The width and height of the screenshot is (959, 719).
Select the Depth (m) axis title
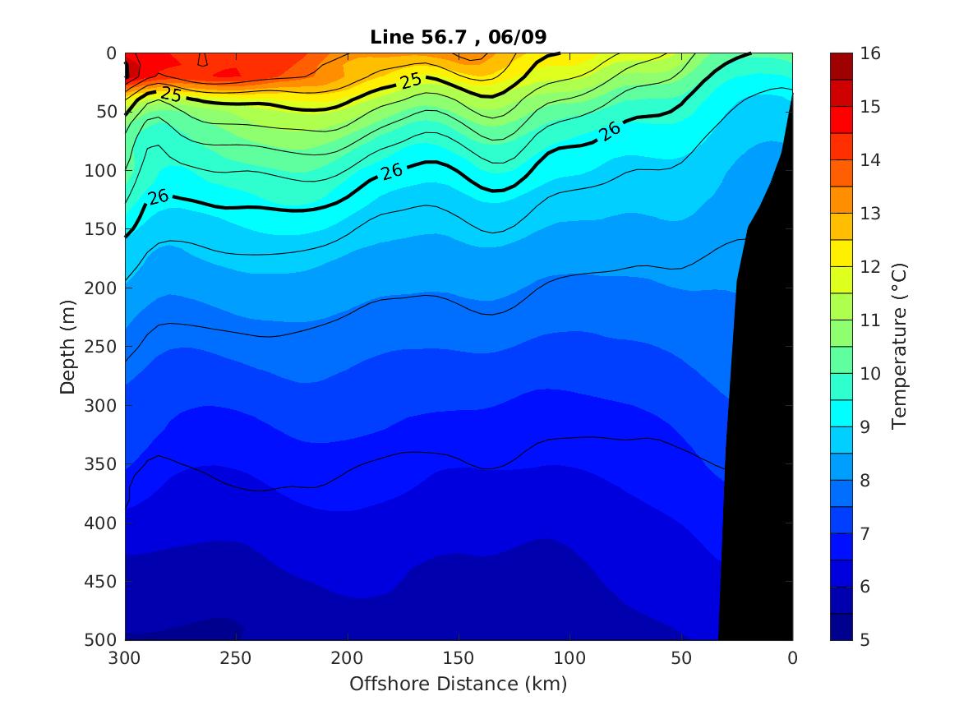point(68,346)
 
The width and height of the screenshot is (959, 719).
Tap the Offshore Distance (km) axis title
point(459,684)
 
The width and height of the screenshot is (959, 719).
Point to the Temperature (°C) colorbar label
point(900,346)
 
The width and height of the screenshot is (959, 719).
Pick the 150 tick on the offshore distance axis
point(459,657)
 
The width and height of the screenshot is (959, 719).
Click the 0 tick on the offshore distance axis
point(792,657)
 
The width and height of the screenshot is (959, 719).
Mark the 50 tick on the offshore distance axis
point(681,657)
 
